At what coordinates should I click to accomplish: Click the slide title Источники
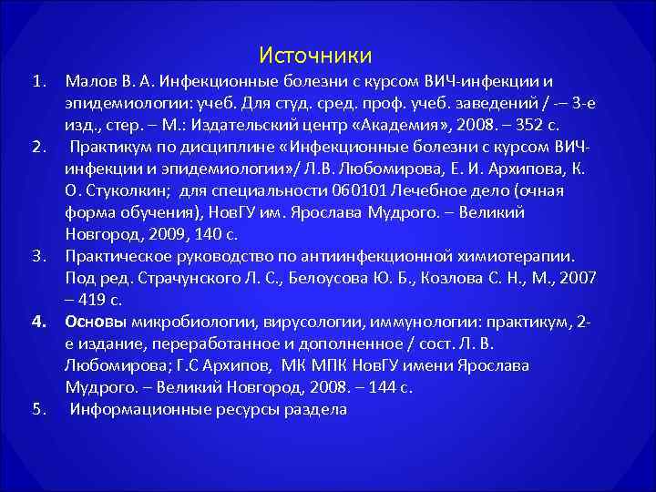315,56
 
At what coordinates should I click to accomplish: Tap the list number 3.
38,256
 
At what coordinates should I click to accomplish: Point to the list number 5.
38,408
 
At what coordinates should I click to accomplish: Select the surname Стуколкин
127,190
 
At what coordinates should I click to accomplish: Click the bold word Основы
96,322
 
